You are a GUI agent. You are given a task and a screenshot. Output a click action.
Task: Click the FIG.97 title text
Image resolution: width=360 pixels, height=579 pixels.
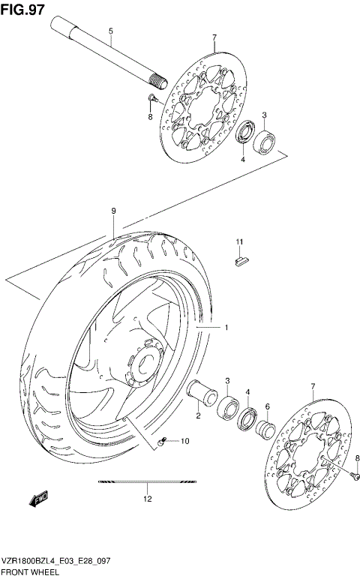(x=22, y=10)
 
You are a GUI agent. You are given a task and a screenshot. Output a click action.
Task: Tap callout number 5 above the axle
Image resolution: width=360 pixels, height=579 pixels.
(x=111, y=31)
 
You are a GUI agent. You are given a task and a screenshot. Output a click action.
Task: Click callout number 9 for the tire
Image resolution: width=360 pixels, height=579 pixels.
(x=113, y=211)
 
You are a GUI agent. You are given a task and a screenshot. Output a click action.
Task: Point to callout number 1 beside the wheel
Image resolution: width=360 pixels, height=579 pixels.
(x=224, y=328)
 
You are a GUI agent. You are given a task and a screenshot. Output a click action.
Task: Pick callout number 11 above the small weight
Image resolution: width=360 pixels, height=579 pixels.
(x=240, y=241)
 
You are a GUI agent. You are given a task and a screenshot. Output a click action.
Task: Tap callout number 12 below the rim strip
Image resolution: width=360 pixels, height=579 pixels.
(x=148, y=498)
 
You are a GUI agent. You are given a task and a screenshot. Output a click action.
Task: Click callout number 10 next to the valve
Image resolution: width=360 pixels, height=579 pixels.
(x=184, y=441)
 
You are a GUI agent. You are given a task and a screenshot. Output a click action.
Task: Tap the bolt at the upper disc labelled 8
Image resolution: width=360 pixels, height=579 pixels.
(x=151, y=98)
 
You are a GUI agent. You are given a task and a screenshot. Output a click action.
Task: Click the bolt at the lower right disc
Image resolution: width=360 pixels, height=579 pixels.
(x=352, y=472)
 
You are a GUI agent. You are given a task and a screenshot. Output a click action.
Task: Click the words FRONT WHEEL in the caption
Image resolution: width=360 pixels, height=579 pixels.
(x=29, y=571)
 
